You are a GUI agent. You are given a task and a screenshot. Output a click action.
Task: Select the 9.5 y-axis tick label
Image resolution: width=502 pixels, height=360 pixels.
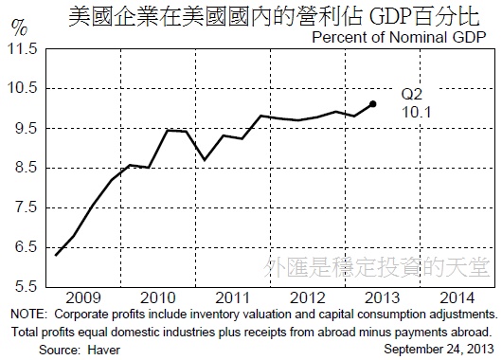click(x=22, y=128)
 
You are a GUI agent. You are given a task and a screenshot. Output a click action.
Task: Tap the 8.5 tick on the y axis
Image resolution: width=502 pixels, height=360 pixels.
click(x=22, y=168)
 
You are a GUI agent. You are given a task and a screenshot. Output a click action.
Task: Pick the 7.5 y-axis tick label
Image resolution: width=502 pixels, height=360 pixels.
click(x=22, y=207)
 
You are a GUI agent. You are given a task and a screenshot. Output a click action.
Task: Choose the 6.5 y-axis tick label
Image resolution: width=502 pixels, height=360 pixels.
click(x=22, y=247)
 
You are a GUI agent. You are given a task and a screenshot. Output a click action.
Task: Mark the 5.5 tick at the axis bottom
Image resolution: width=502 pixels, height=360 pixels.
click(x=22, y=286)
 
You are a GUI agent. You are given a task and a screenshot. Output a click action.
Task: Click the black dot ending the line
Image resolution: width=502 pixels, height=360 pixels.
click(x=373, y=104)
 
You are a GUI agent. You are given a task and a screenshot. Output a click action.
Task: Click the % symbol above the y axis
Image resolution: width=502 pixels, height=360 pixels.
click(x=19, y=26)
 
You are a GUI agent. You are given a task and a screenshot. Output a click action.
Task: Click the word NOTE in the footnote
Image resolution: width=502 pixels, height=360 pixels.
click(x=28, y=314)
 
